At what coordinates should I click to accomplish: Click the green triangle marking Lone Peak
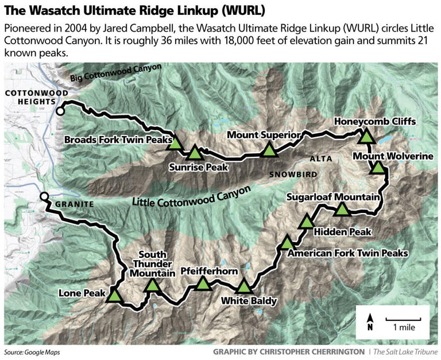[x=115, y=296]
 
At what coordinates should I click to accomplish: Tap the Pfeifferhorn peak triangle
[x=203, y=284]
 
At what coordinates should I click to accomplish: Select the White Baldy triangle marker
[x=244, y=286]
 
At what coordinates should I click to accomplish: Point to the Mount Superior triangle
[x=269, y=150]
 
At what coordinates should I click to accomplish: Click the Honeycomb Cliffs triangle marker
[x=366, y=137]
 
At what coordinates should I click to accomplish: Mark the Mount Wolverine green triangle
[x=378, y=168]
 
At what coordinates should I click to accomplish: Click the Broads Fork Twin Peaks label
[x=118, y=140]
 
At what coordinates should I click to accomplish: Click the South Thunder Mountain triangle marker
[x=152, y=285]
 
